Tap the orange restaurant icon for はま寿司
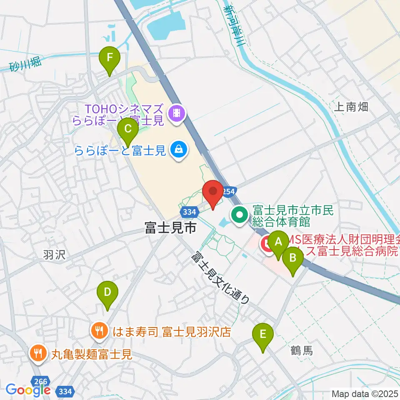coord(99,332)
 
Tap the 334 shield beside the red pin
coord(189,212)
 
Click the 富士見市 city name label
coord(170,228)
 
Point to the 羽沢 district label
coord(54,255)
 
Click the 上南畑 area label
coord(351,107)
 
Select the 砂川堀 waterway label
coord(26,64)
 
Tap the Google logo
coord(27,390)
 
